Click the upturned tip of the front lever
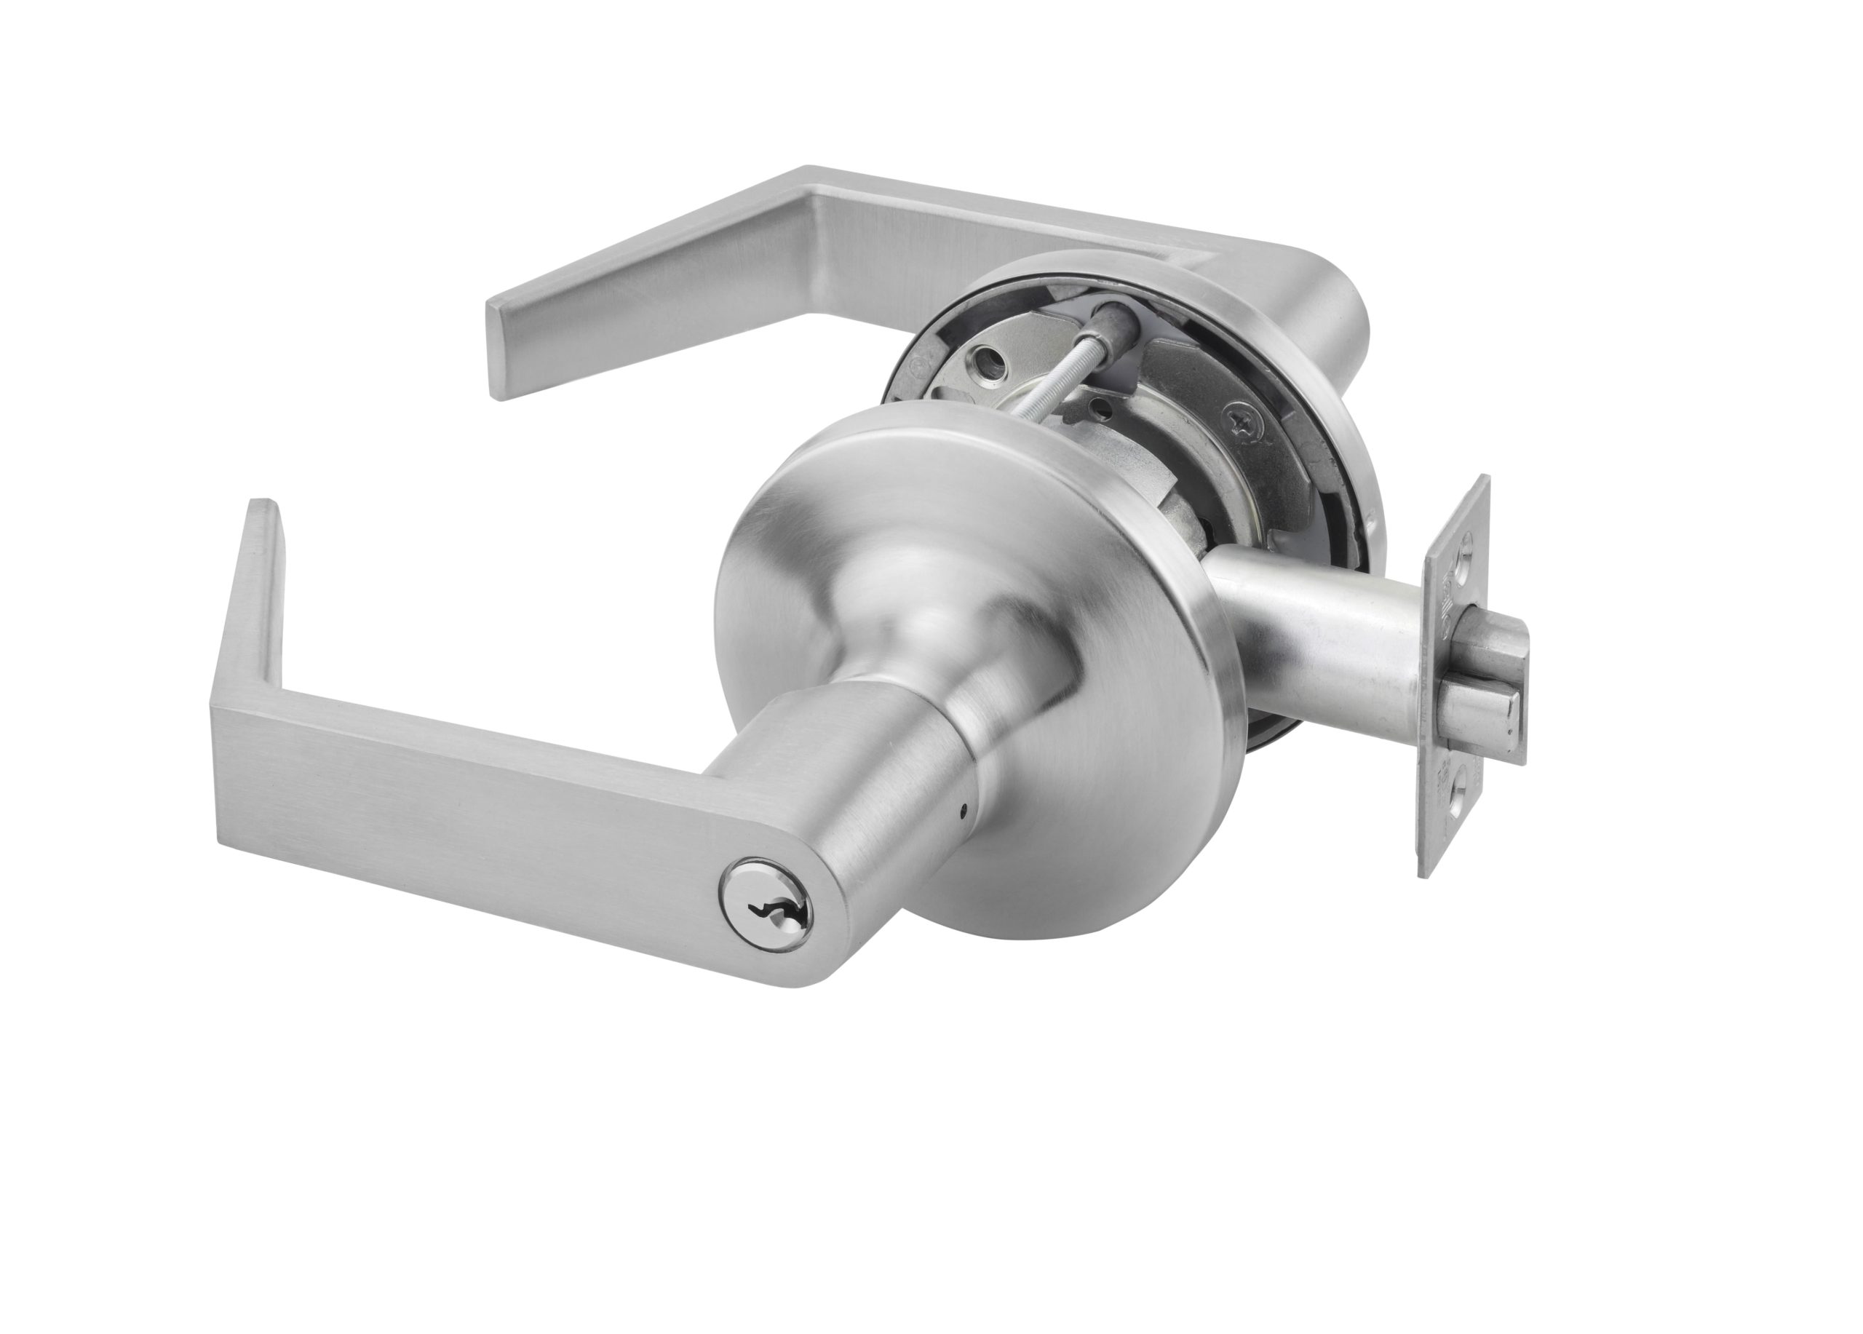click(261, 575)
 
